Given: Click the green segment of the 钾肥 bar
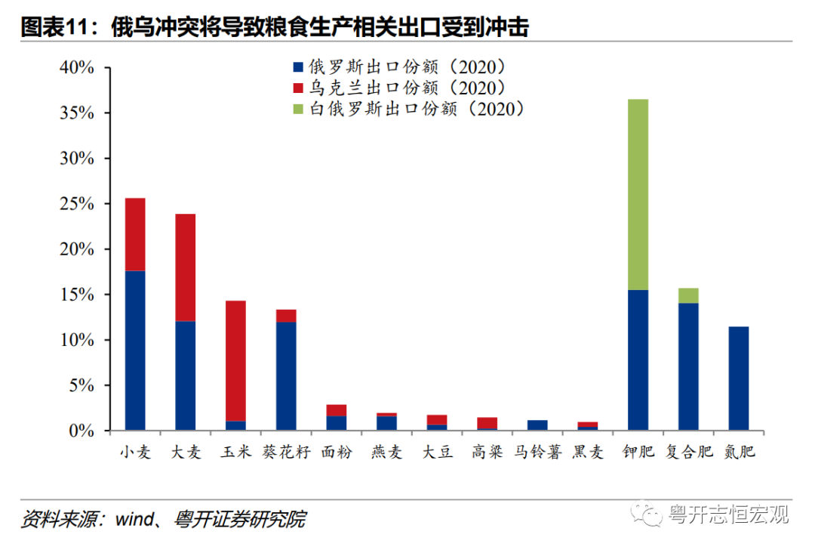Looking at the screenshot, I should [x=638, y=194].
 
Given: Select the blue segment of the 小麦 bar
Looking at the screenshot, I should [x=135, y=351].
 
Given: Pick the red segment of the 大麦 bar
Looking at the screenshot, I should [x=185, y=267].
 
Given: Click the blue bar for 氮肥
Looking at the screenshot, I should [x=738, y=379].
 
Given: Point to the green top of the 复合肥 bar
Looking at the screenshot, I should [x=687, y=295].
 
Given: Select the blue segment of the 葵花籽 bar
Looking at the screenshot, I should [x=286, y=376].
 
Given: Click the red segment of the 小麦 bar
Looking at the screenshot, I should [x=135, y=234].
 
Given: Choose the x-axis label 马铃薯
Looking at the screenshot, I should [x=537, y=453].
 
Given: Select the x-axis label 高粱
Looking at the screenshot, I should [x=487, y=453].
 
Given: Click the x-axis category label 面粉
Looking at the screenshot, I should [x=336, y=453].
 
